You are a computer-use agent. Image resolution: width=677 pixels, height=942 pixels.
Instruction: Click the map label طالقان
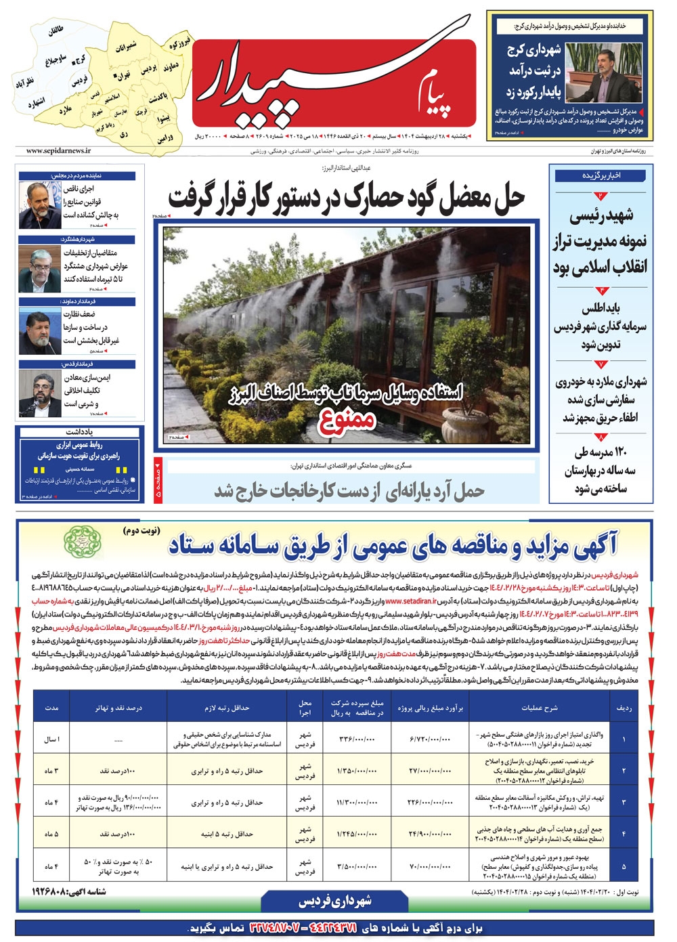pyautogui.click(x=55, y=30)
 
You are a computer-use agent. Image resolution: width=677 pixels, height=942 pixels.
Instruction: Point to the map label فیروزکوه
pyautogui.click(x=180, y=43)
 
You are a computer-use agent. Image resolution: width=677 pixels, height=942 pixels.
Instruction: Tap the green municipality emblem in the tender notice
pyautogui.click(x=80, y=541)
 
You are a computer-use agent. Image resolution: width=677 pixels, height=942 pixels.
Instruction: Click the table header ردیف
pyautogui.click(x=624, y=708)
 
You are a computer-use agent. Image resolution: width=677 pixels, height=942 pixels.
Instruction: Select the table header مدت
pyautogui.click(x=52, y=708)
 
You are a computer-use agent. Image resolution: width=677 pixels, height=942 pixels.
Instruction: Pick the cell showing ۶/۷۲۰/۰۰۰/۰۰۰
pyautogui.click(x=430, y=739)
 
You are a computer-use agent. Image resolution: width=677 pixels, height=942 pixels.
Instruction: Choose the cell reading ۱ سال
pyautogui.click(x=52, y=739)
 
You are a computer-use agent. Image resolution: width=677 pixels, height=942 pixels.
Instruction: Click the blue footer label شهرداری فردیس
pyautogui.click(x=334, y=901)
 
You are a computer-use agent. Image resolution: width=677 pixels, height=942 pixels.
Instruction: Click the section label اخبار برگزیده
pyautogui.click(x=601, y=175)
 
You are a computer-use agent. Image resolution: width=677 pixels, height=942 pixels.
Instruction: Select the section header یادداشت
pyautogui.click(x=79, y=431)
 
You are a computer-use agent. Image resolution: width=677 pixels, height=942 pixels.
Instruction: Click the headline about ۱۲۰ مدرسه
pyautogui.click(x=600, y=470)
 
